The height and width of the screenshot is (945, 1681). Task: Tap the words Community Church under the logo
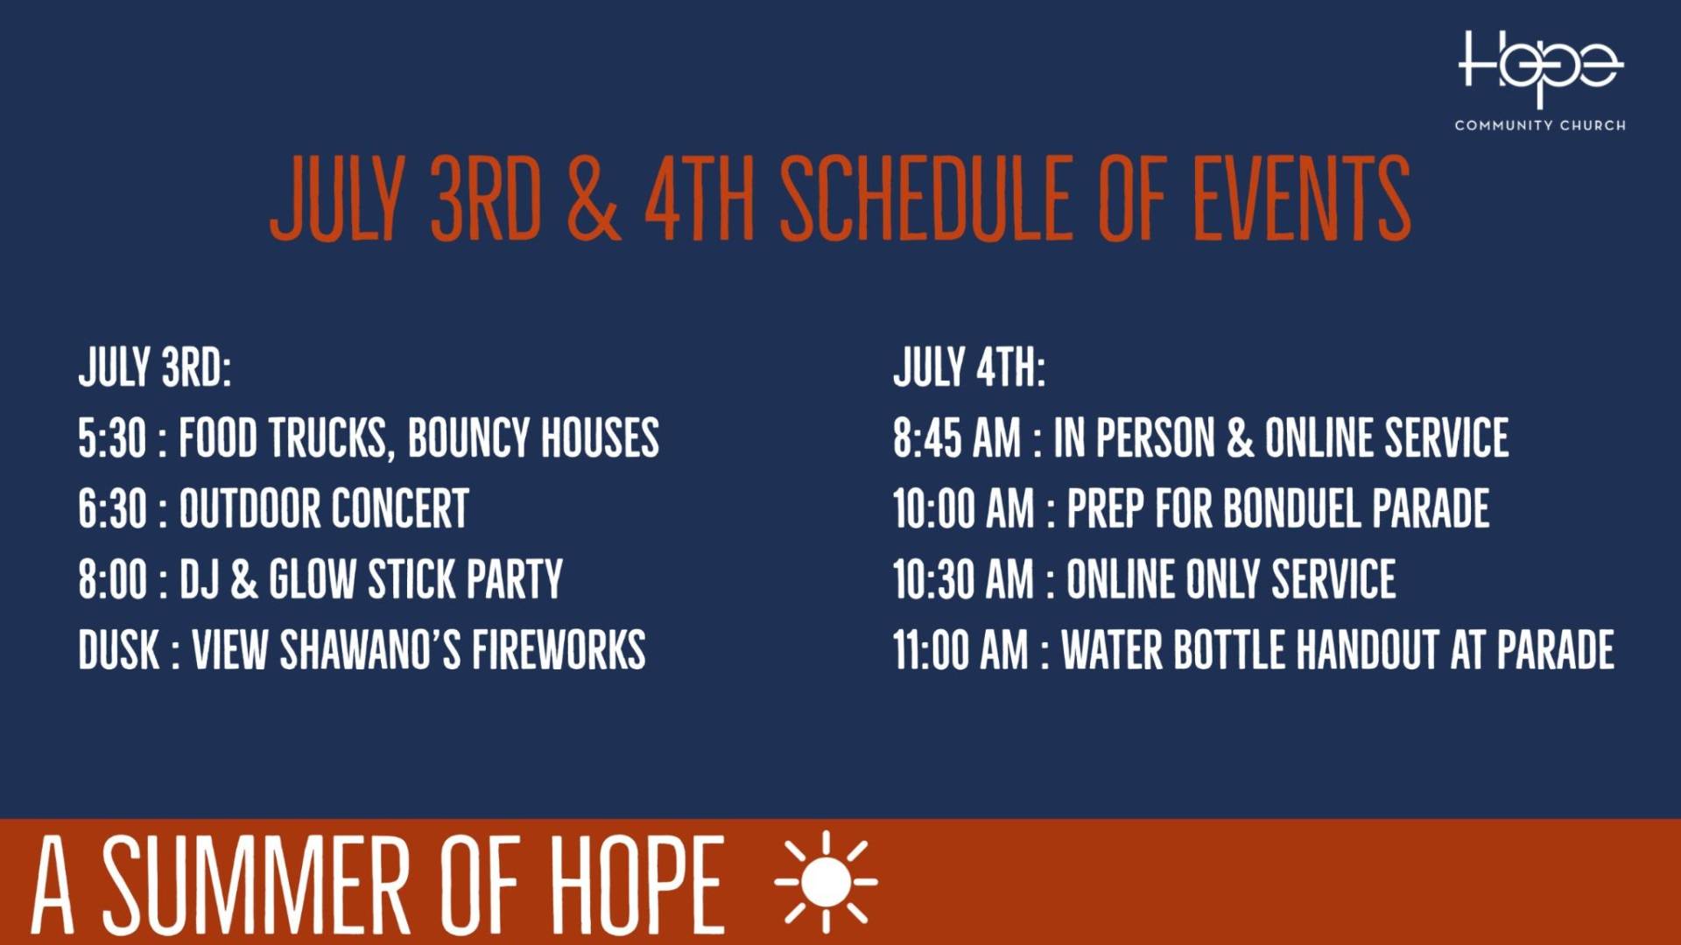pos(1540,125)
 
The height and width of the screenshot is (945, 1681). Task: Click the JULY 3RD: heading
pos(155,367)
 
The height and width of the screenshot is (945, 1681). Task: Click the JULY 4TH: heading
pos(969,367)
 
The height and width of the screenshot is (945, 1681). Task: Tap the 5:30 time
pos(112,437)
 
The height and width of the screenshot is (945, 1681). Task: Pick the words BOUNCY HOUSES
pos(533,437)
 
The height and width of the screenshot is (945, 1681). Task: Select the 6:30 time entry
pos(112,508)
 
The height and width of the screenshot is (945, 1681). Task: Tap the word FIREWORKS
pos(559,650)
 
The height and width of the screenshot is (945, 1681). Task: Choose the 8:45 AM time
pos(957,437)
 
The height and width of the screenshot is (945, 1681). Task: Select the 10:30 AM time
pos(963,579)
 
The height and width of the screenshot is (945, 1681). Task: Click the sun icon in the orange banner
pos(826,882)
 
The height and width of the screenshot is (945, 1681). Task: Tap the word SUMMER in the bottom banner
pos(257,884)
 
